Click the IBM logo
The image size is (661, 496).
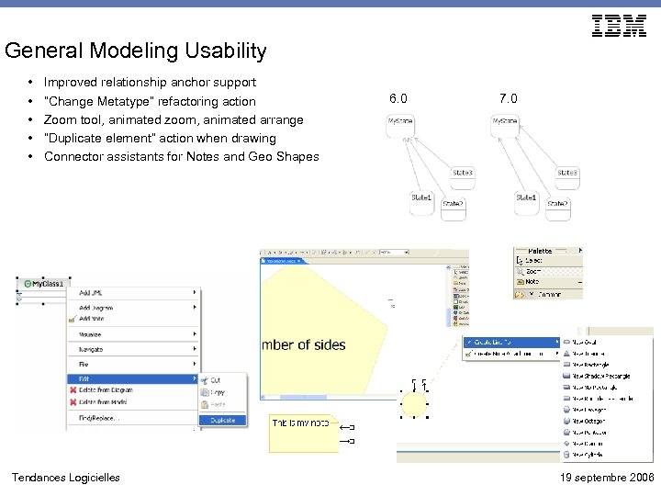click(x=620, y=27)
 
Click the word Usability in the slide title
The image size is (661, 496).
click(x=226, y=51)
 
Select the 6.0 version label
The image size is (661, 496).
click(x=398, y=98)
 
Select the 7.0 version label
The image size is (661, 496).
click(x=509, y=98)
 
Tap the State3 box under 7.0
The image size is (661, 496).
click(x=567, y=173)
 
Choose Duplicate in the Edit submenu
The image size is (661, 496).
click(x=222, y=420)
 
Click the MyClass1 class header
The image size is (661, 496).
click(x=44, y=284)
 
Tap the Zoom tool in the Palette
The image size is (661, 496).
click(x=534, y=272)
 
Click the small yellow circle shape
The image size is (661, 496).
click(x=415, y=404)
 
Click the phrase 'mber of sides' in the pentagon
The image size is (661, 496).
click(x=304, y=345)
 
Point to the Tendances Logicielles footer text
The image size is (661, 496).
click(x=65, y=478)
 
